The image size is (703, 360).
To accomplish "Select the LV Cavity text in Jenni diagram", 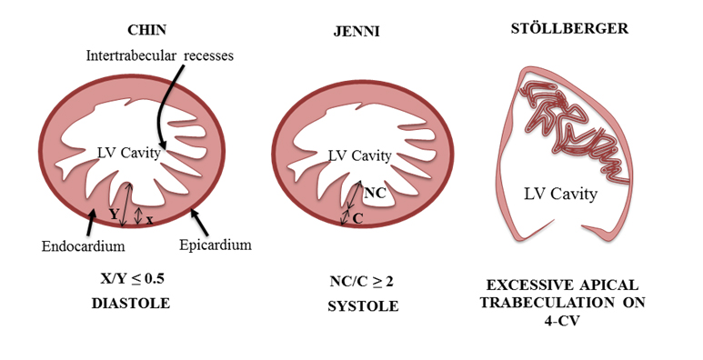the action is pos(359,155).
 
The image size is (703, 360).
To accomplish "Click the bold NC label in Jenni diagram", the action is pos(375,193).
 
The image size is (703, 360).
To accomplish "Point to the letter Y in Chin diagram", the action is pos(113,214).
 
